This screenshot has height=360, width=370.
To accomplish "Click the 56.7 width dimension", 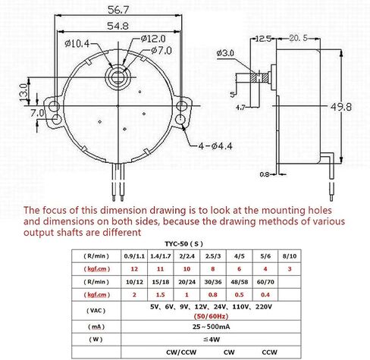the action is (118, 10).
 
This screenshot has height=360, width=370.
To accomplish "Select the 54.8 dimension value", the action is (118, 26).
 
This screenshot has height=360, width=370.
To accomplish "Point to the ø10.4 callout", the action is (77, 44).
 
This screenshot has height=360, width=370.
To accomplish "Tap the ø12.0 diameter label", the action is (153, 39).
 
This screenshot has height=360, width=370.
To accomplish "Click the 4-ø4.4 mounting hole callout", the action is (215, 146).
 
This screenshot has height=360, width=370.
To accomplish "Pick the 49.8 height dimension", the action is (341, 107).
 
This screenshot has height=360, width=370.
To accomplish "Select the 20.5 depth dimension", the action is (299, 38).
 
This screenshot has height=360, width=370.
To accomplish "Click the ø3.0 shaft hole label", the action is (225, 53).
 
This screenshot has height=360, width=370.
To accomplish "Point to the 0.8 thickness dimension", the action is (265, 174).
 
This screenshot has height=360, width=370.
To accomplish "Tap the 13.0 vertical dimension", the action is (24, 92).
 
